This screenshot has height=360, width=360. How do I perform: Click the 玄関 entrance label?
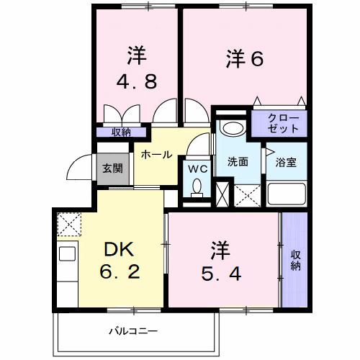click(x=112, y=168)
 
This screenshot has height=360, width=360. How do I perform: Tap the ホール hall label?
click(x=156, y=154)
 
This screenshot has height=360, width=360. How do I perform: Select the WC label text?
click(x=198, y=168)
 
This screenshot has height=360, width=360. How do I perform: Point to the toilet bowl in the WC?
click(x=198, y=189)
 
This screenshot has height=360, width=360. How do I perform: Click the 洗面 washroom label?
click(x=238, y=162)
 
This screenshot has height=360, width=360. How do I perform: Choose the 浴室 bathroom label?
click(x=286, y=163)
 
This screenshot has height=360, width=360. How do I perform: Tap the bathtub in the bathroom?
click(x=287, y=194)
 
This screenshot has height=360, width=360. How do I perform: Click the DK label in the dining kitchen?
click(x=120, y=249)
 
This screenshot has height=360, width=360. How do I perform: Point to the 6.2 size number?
click(x=120, y=274)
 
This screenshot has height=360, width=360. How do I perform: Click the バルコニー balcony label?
click(x=132, y=331)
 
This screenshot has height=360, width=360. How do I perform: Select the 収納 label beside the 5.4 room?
click(x=295, y=260)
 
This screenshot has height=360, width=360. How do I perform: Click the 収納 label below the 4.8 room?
click(x=121, y=132)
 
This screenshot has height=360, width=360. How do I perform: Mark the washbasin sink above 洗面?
click(x=232, y=128)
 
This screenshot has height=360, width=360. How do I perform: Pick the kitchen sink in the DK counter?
click(x=68, y=253)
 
